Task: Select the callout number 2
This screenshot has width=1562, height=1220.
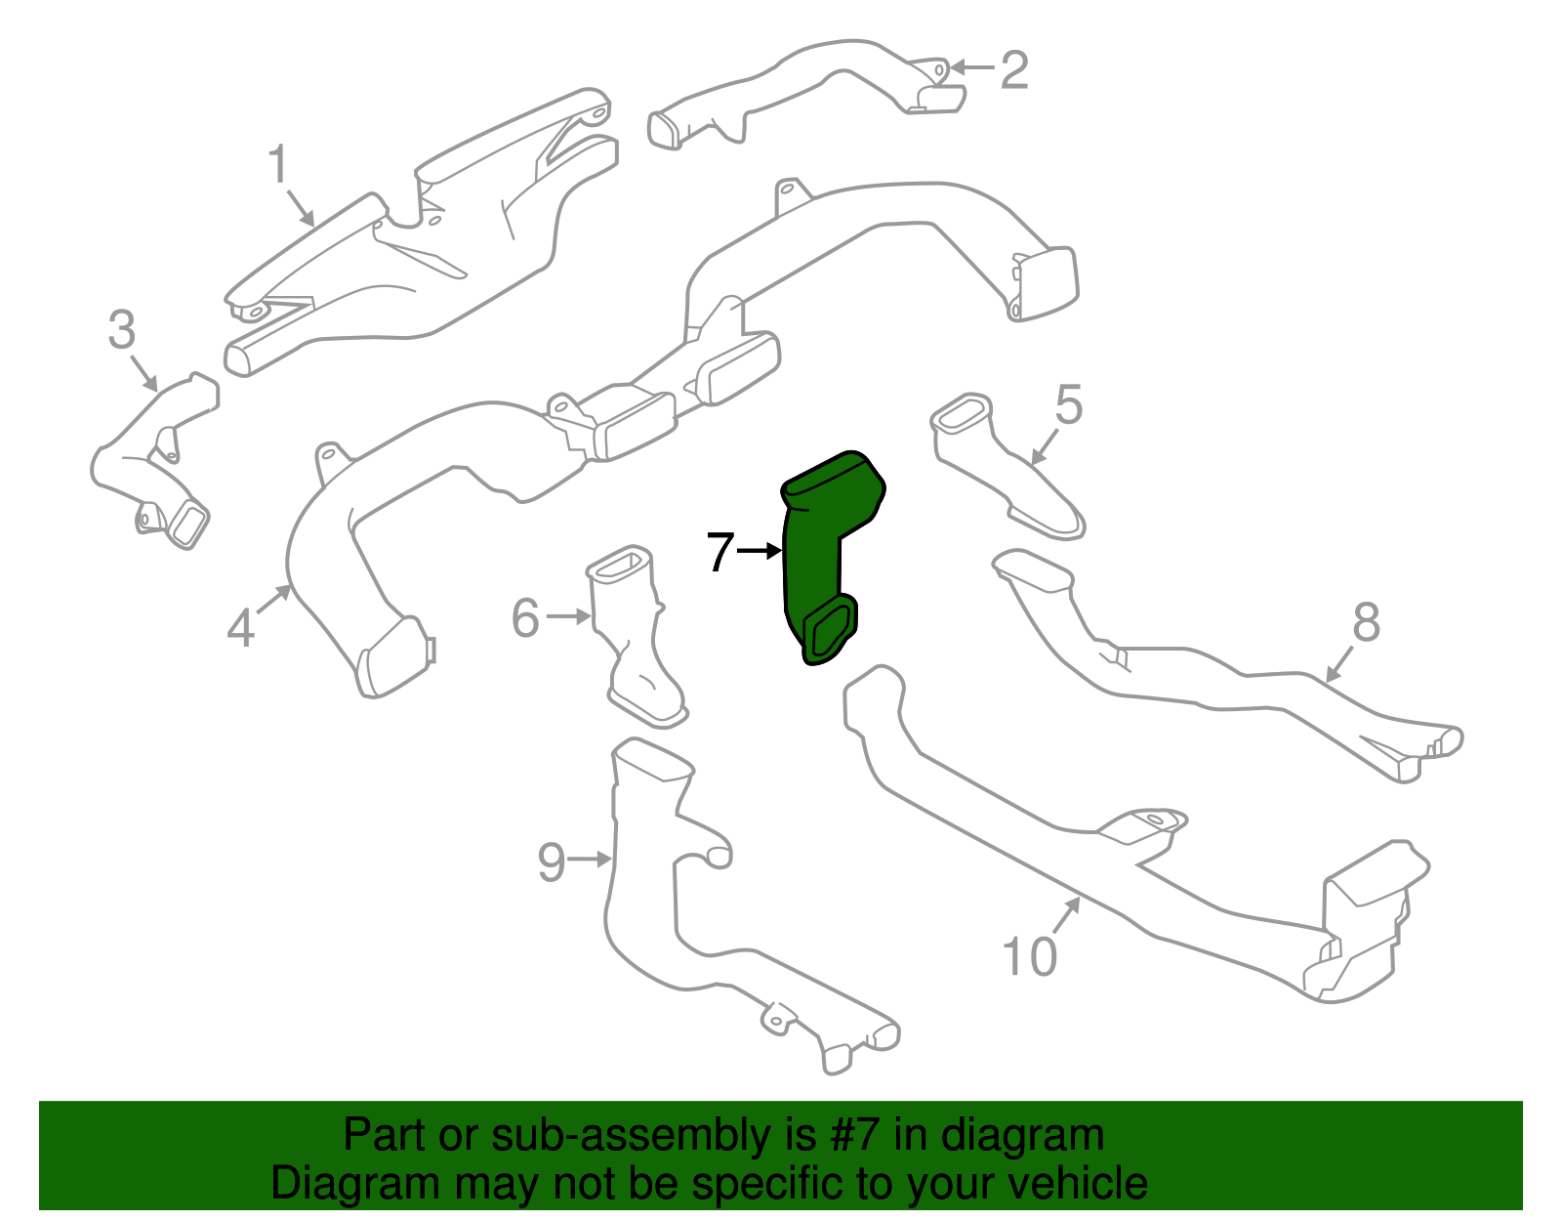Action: tap(1014, 70)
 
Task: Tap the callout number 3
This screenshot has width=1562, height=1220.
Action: tap(121, 330)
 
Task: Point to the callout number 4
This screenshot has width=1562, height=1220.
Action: tap(240, 627)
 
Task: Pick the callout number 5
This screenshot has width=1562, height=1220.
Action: tap(1069, 404)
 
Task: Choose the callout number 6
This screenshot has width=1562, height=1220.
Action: tap(525, 617)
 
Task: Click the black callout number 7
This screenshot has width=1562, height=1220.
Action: tap(719, 553)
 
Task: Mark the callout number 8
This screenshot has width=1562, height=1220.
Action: tap(1366, 622)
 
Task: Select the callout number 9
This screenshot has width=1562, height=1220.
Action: tap(552, 862)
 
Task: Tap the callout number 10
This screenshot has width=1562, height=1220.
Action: tap(1029, 957)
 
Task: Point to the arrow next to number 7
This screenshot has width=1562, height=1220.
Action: tap(760, 552)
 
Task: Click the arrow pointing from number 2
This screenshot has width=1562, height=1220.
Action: tap(971, 67)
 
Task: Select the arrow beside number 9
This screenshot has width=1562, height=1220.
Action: tap(590, 860)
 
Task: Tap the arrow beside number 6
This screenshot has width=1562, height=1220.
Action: tap(568, 616)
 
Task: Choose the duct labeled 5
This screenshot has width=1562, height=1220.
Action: tap(1006, 469)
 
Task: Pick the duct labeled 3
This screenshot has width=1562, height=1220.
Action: tap(156, 459)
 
